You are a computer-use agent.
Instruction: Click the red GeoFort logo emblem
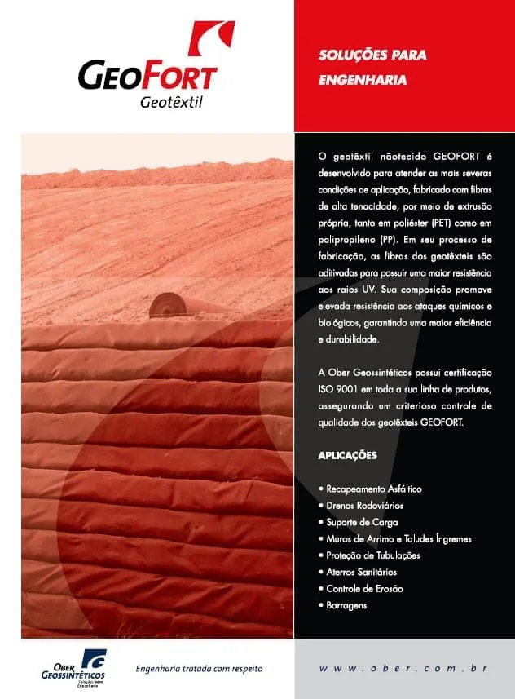coord(211,39)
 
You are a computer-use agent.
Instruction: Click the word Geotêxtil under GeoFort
coord(170,102)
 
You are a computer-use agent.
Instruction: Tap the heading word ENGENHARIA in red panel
coord(362,81)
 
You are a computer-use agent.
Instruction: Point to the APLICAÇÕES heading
coord(347,456)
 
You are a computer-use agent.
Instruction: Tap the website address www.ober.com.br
coord(403,669)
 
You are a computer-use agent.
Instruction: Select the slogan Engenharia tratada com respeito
coord(199,669)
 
